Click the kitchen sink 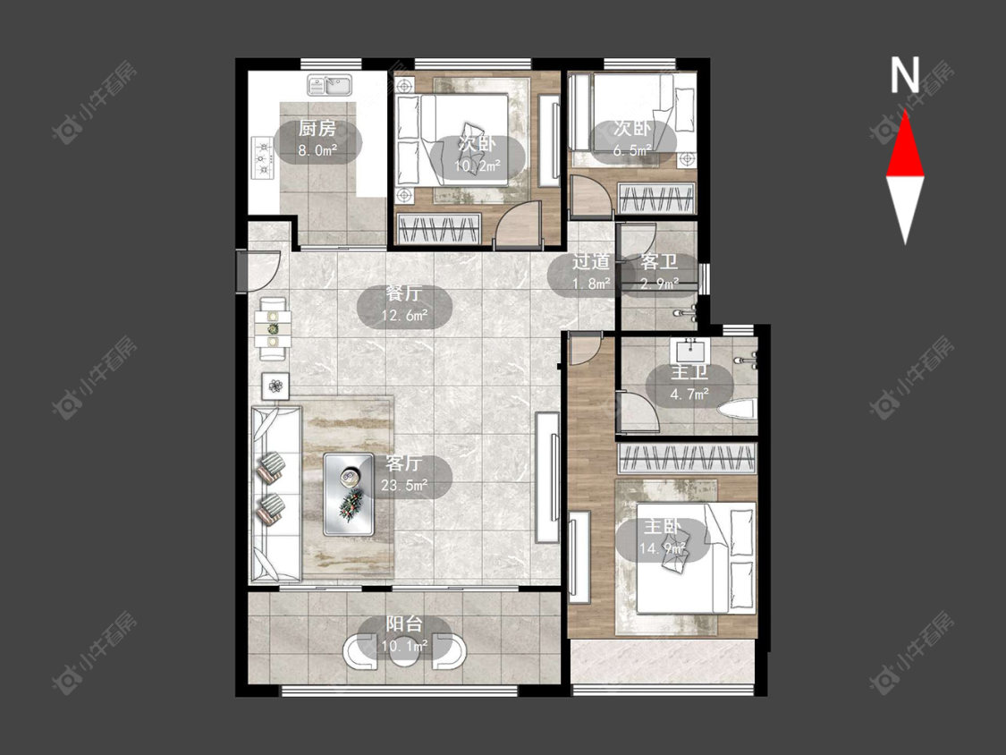(330, 85)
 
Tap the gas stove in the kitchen (262, 158)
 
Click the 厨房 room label (317, 129)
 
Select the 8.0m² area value (317, 151)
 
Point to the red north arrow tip (905, 111)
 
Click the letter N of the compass (905, 75)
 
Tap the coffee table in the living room (349, 495)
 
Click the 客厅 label (404, 463)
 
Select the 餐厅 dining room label (403, 294)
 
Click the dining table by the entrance (274, 328)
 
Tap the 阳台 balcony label (404, 624)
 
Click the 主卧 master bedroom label (662, 527)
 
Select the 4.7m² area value (689, 394)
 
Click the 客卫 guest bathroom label (660, 262)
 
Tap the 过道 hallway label (591, 262)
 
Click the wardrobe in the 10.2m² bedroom (439, 229)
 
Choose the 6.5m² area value (632, 150)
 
